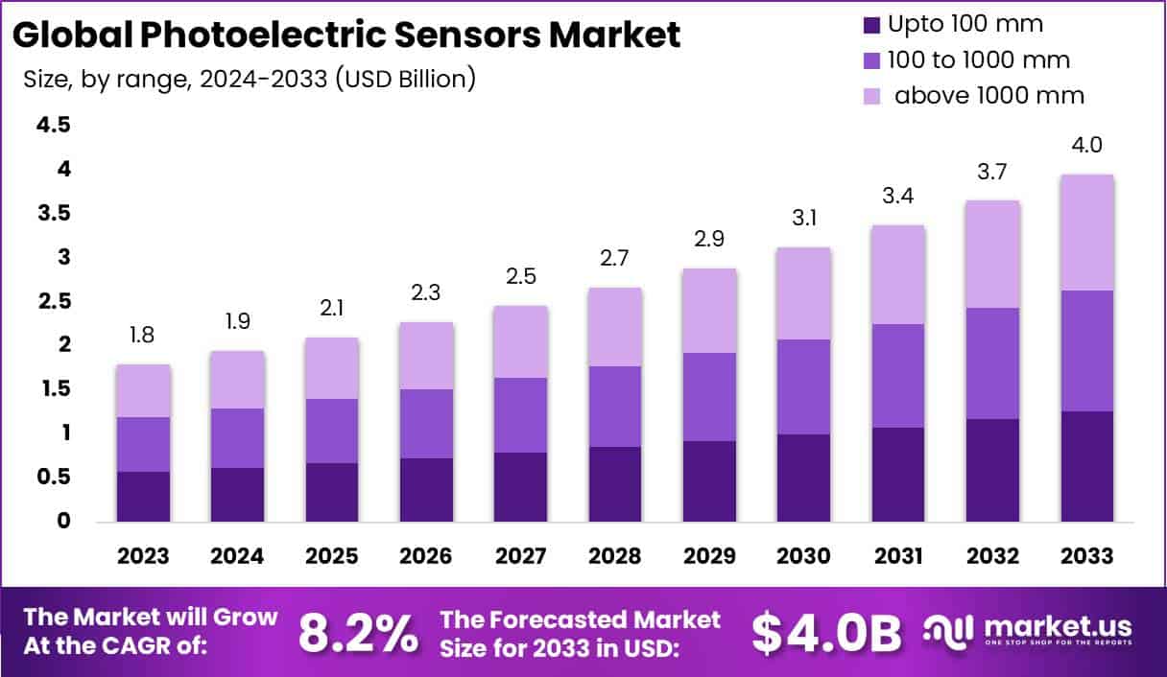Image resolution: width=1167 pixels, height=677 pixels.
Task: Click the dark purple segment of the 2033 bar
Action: coord(1087,466)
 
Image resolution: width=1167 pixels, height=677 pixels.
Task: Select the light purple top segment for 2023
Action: coord(144,390)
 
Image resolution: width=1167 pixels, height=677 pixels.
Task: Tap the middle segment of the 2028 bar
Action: coord(615,406)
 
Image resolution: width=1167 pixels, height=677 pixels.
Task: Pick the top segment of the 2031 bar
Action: coord(898,274)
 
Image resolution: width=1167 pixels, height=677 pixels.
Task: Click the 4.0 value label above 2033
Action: coord(1086,146)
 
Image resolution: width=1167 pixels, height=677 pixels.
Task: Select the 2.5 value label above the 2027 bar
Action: coord(521,276)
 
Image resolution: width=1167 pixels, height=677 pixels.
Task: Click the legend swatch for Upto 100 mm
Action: coord(871,24)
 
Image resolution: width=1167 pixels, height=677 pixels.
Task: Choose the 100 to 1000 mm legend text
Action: coord(979,59)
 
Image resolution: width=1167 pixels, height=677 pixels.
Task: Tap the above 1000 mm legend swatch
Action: coord(871,95)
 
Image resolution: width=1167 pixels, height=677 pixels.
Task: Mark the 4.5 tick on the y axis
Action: coord(54,125)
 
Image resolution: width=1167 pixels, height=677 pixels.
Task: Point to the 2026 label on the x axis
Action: coord(426,556)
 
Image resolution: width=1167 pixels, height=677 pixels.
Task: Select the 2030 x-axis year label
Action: coord(803,556)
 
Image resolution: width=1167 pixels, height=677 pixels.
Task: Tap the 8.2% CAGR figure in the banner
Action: coord(358,632)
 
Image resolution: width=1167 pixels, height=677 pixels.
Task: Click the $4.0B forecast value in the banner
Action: coord(826,632)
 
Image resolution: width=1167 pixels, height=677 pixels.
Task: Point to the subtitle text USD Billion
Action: coord(404,78)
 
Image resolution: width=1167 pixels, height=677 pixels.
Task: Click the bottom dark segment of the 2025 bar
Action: coord(332,492)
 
